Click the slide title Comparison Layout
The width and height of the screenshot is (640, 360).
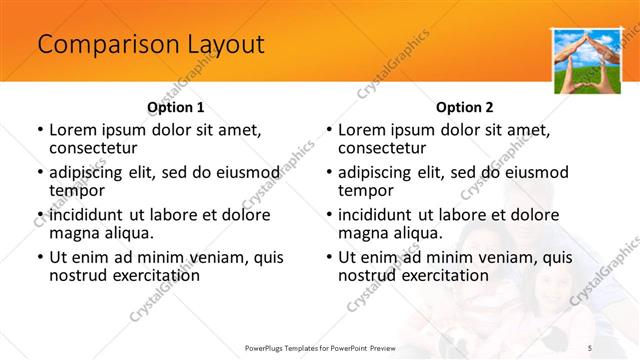[150, 44]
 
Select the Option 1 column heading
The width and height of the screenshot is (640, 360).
[175, 107]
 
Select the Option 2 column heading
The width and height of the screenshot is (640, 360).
[465, 107]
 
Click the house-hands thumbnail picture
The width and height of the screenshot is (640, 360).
[583, 61]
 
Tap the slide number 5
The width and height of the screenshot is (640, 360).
[617, 346]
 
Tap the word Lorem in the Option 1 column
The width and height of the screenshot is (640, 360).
[73, 129]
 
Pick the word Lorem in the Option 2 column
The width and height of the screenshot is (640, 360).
[362, 129]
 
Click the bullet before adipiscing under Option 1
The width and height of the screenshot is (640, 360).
[39, 172]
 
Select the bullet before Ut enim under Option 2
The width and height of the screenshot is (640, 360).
[328, 258]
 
